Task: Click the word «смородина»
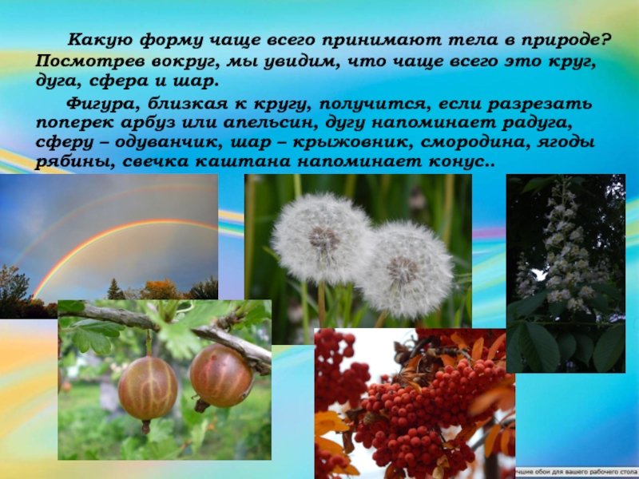pyautogui.click(x=473, y=143)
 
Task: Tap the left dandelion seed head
pyautogui.click(x=322, y=239)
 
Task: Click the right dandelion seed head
pyautogui.click(x=407, y=270)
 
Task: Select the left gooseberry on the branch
pyautogui.click(x=148, y=388)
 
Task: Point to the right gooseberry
pyautogui.click(x=221, y=375)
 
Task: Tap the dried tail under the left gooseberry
pyautogui.click(x=146, y=426)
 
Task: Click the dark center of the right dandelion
pyautogui.click(x=403, y=270)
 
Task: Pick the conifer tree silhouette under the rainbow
pyautogui.click(x=115, y=290)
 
